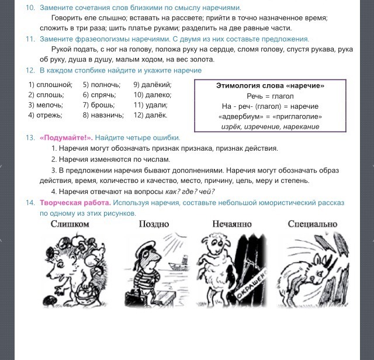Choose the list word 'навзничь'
tap(103, 115)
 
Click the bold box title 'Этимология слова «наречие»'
tap(270, 86)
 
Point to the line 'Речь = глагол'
tap(270, 96)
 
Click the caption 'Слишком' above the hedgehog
tap(70, 224)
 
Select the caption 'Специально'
tap(313, 224)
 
